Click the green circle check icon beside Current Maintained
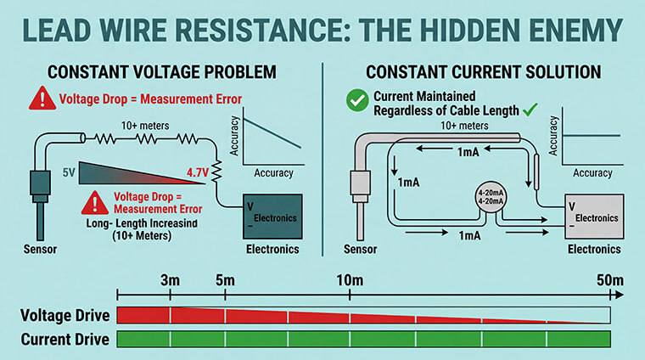[x=357, y=101]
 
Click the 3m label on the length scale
[x=170, y=281]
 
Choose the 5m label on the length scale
[x=224, y=281]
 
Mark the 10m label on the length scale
[x=350, y=281]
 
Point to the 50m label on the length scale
[x=609, y=281]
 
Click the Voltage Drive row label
[x=65, y=316]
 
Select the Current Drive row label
[x=65, y=340]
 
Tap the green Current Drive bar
[x=362, y=340]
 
